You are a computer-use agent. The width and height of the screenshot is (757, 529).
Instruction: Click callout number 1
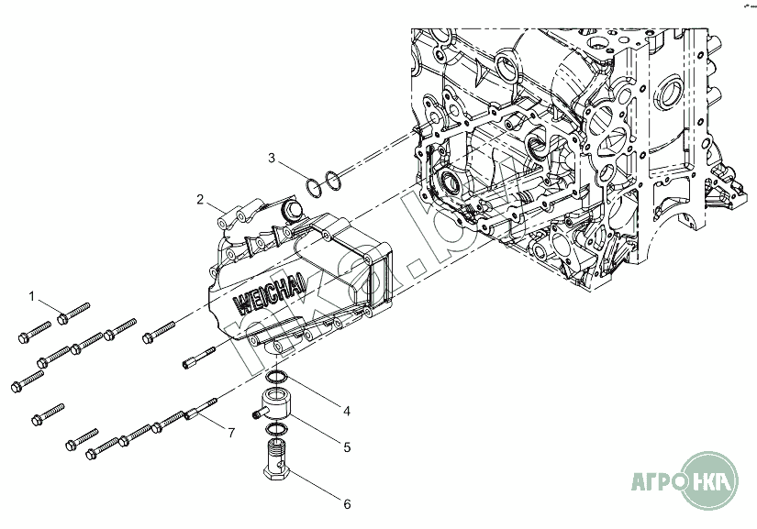(x=31, y=296)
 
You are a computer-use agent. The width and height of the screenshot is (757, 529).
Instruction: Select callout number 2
(x=200, y=199)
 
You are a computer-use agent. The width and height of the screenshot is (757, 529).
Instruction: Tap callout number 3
(x=272, y=158)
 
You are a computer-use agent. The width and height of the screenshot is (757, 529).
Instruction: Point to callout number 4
(x=346, y=411)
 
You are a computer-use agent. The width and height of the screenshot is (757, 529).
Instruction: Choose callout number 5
(x=346, y=447)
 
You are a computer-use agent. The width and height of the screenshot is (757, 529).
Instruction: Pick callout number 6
(x=346, y=503)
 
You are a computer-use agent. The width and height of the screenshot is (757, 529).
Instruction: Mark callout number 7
(x=231, y=432)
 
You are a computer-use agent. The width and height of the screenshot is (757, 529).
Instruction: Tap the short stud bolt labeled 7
(x=202, y=411)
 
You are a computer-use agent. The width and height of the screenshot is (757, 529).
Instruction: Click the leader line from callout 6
(x=312, y=485)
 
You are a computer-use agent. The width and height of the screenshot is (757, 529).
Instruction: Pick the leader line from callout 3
(x=292, y=171)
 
